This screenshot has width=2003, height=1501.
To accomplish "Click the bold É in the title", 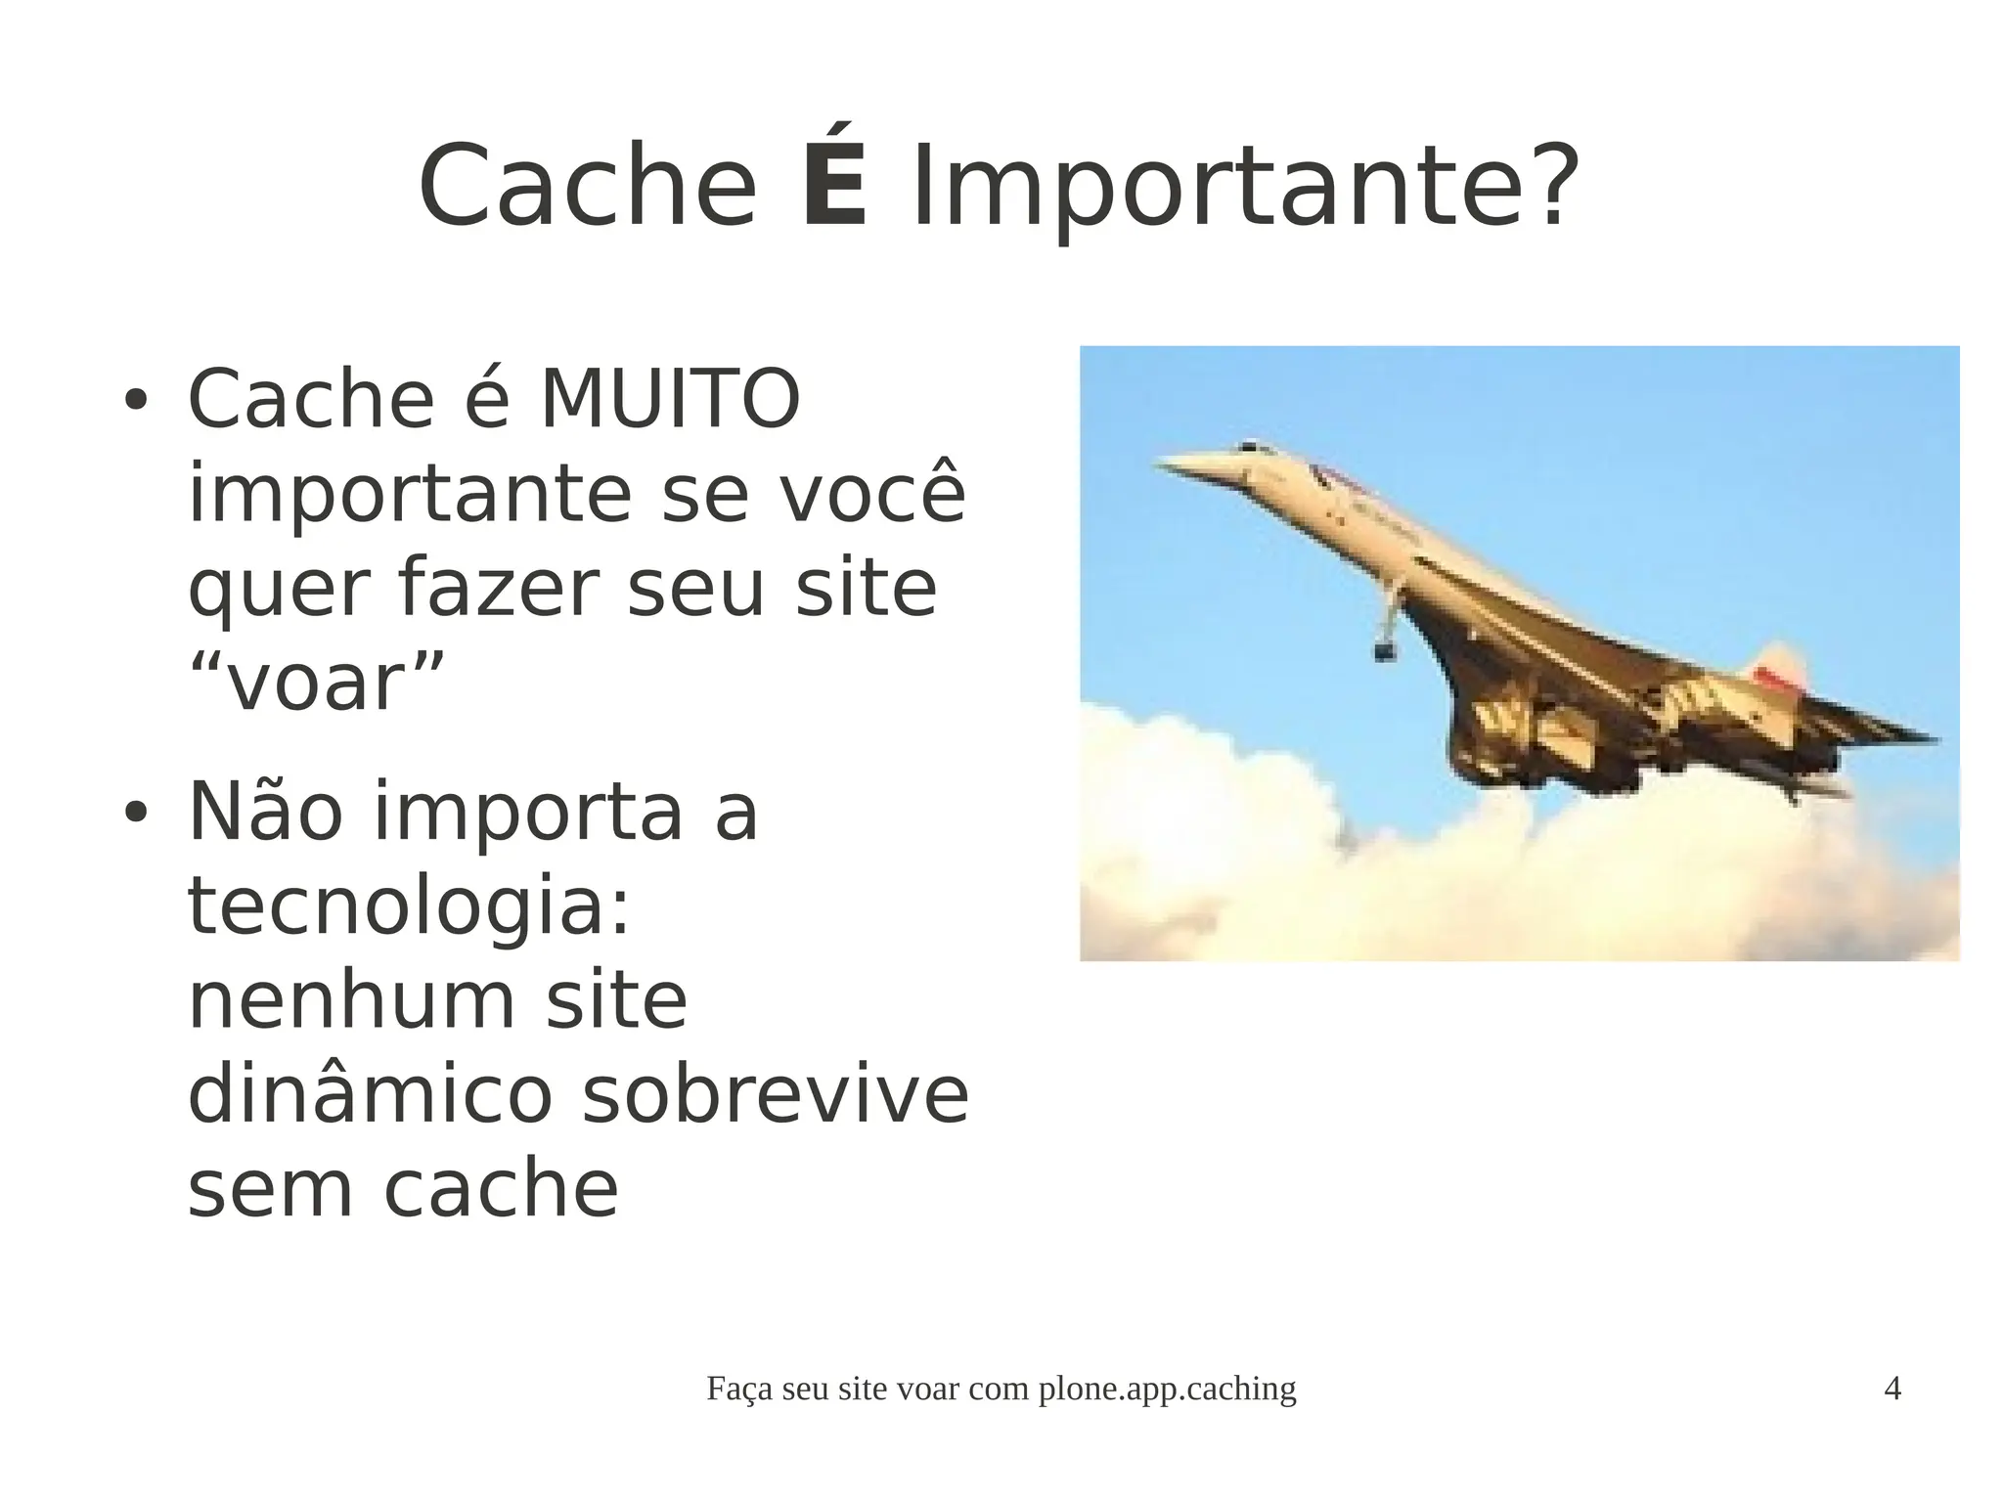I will [834, 186].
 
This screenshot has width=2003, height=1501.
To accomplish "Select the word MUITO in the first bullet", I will [670, 399].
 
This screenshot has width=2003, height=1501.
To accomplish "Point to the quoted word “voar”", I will [316, 682].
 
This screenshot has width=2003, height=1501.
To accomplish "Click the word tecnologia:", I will [409, 905].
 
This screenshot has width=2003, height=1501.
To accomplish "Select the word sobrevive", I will [775, 1094].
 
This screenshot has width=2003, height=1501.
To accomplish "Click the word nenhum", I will [350, 1000].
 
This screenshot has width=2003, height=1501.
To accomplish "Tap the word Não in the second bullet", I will [265, 812].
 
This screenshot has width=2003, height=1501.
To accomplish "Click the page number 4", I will [1892, 1389].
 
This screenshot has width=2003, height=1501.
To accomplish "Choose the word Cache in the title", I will [588, 188].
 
